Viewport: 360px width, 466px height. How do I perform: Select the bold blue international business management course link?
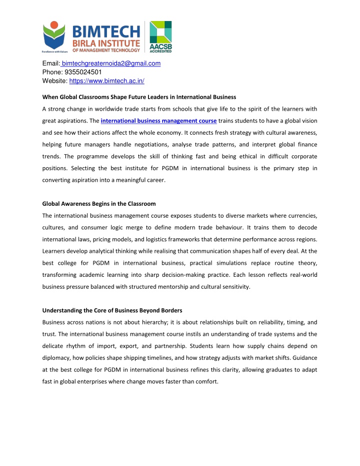pos(158,121)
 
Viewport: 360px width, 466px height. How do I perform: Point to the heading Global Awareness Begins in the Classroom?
pos(98,204)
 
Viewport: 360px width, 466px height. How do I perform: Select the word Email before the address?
pos(50,63)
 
